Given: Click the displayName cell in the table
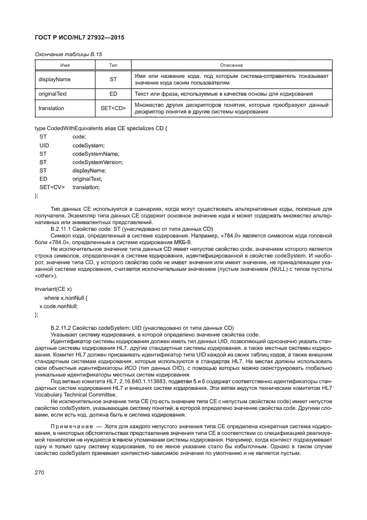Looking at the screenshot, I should tap(54, 79).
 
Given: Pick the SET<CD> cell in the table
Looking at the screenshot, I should tap(113, 108).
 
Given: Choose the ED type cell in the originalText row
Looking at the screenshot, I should tap(113, 93).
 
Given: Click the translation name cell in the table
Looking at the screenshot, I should tap(52, 108).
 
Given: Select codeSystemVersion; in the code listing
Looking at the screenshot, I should tap(98, 161).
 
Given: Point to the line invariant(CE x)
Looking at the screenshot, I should tap(53, 290).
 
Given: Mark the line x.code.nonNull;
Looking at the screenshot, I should tap(58, 306).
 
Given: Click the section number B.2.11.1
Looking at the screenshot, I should tap(63, 229).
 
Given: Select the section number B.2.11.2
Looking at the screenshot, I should tap(63, 328).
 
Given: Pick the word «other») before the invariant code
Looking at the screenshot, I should tap(46, 276).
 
